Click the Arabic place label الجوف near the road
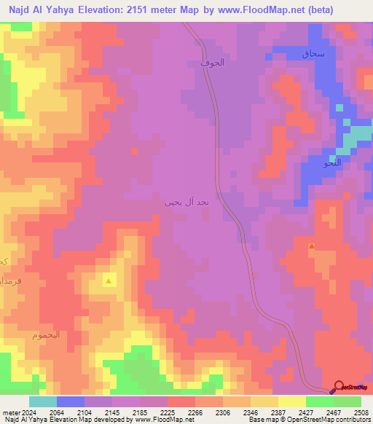pos(212,63)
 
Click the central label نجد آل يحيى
pos(186,202)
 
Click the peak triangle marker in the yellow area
pos(109,280)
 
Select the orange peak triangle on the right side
pos(312,246)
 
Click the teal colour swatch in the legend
pos(42,401)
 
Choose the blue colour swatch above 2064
pos(71,401)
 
